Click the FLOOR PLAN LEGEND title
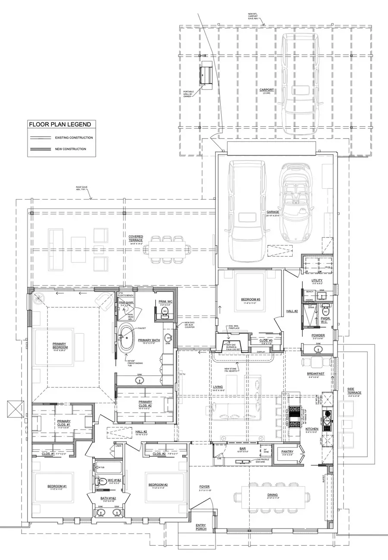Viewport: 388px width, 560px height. [59, 124]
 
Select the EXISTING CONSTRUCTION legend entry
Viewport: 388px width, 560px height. [74, 138]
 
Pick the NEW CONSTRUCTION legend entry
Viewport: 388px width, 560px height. [70, 149]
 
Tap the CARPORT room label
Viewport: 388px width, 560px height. [266, 90]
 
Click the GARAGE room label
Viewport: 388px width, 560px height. [272, 212]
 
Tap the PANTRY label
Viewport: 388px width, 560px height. [288, 452]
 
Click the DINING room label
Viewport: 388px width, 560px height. [272, 495]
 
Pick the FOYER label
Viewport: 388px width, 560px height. [204, 487]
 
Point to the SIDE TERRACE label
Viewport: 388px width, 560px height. [354, 390]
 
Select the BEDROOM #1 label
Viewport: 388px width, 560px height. [57, 486]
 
